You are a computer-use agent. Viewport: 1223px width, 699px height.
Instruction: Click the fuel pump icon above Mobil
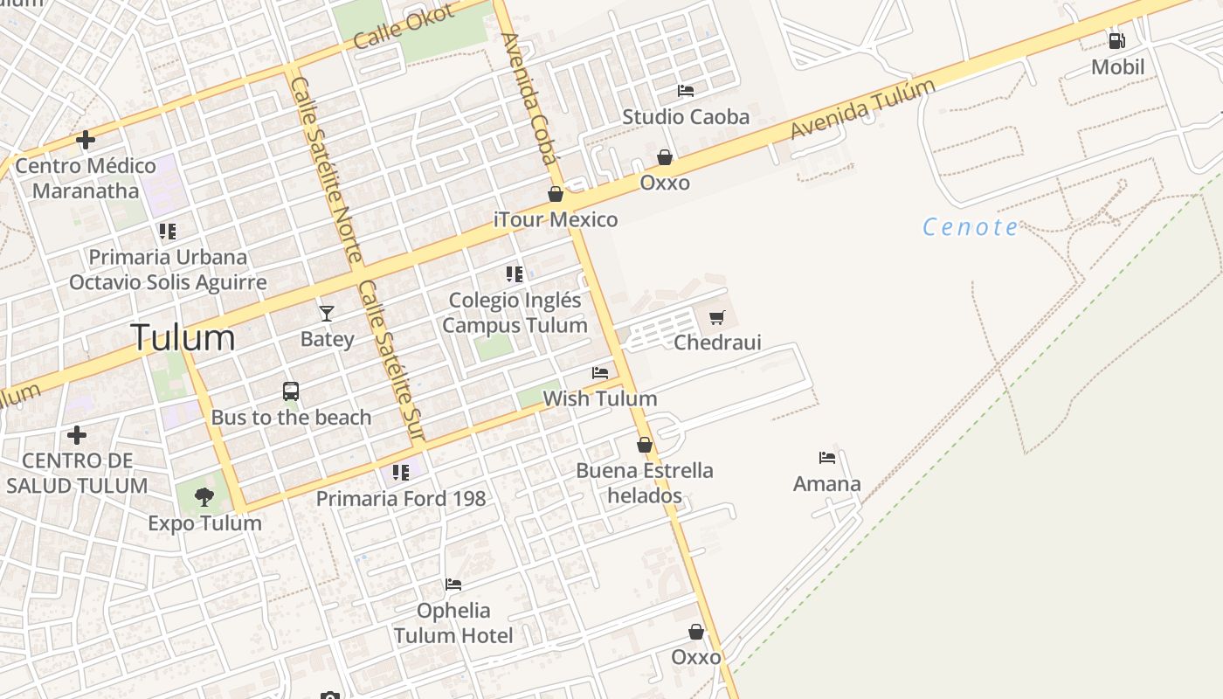tap(1116, 40)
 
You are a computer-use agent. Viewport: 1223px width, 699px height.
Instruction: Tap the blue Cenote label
tap(971, 228)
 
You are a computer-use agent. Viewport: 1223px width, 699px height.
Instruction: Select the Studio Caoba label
tap(686, 117)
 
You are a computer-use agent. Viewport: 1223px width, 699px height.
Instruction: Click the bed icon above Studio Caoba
tap(686, 91)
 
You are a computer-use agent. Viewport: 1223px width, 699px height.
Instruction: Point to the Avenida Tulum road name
tap(862, 109)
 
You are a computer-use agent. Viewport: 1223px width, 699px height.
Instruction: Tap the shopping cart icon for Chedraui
tap(717, 317)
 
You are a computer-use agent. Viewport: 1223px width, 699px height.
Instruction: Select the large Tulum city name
tap(183, 338)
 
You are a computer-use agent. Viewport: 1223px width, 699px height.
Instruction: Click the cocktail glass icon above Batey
tap(327, 313)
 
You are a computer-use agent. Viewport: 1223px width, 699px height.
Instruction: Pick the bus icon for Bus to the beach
tap(291, 391)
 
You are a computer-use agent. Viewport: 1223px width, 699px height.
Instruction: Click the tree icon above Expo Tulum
tap(204, 497)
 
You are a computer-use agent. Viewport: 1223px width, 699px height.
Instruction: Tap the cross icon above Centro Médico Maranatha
tap(86, 140)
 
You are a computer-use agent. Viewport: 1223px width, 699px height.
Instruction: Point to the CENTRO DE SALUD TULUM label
tap(77, 473)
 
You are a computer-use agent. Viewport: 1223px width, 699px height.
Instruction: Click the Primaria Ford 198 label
tap(401, 499)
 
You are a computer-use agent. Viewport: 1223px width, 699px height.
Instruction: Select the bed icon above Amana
tap(827, 457)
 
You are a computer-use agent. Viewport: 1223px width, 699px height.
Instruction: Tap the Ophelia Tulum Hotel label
tap(453, 623)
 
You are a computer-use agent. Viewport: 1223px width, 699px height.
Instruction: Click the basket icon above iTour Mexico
tap(556, 194)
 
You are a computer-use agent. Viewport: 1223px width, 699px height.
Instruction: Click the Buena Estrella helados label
tap(645, 483)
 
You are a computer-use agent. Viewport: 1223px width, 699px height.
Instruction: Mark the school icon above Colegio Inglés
tap(515, 274)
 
